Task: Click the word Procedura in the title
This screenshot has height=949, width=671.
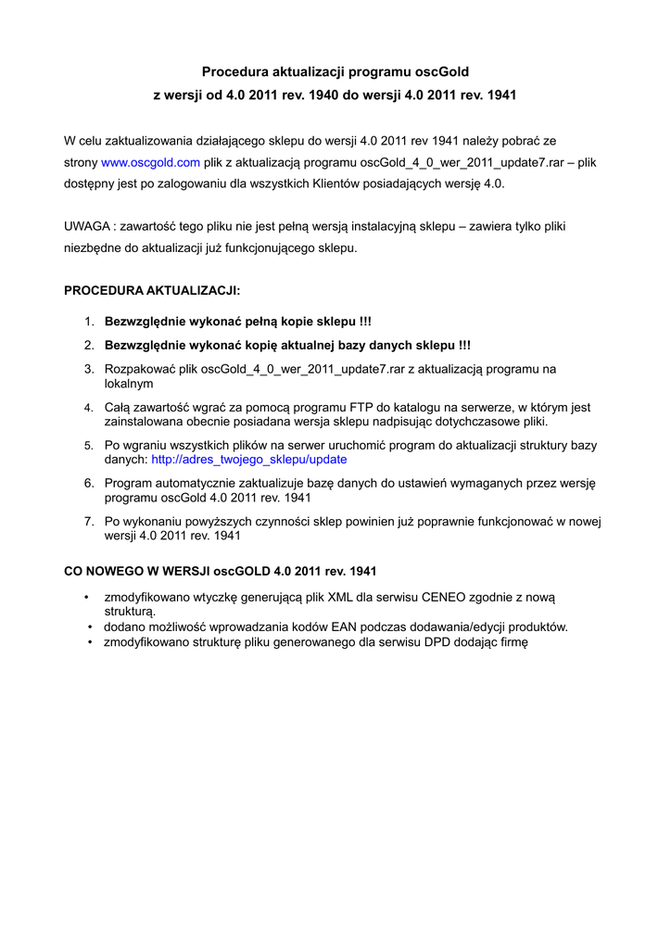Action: coord(234,71)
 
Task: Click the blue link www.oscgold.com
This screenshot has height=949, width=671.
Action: coord(150,162)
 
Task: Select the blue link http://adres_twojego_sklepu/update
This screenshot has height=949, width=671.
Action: coord(248,459)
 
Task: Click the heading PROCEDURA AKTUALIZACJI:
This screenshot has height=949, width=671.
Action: coord(152,290)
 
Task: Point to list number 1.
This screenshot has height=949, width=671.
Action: coord(89,322)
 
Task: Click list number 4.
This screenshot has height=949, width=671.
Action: coord(89,407)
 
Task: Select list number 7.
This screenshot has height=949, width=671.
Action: coord(89,521)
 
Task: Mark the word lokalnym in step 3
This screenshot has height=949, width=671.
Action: coord(129,383)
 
